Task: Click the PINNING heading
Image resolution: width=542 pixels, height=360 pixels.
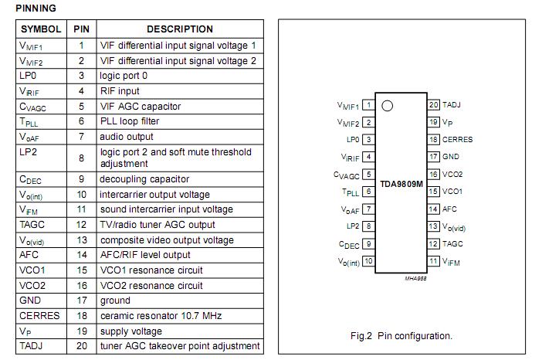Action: point(36,8)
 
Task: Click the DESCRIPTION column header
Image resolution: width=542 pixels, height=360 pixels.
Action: point(179,29)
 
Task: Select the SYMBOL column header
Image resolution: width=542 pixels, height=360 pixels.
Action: point(42,29)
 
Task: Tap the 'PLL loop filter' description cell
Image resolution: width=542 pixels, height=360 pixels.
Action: point(130,121)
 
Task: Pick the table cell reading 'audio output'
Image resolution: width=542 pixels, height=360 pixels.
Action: point(127,137)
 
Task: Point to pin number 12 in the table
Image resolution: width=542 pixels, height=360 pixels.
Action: point(81,225)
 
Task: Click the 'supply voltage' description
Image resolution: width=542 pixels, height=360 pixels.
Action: point(131,331)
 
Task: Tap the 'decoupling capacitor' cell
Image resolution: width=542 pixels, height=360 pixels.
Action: point(144,179)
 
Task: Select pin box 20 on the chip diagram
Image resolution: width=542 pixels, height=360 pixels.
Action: point(434,105)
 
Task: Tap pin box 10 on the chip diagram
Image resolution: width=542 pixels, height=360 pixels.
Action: point(368,261)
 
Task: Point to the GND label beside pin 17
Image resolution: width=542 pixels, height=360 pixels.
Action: point(451,157)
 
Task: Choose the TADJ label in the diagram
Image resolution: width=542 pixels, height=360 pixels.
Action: point(452,105)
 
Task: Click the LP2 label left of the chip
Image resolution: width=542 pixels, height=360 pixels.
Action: point(353,226)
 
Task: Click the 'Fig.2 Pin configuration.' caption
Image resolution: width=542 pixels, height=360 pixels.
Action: point(401,335)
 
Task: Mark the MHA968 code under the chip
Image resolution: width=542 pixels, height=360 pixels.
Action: point(415,278)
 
